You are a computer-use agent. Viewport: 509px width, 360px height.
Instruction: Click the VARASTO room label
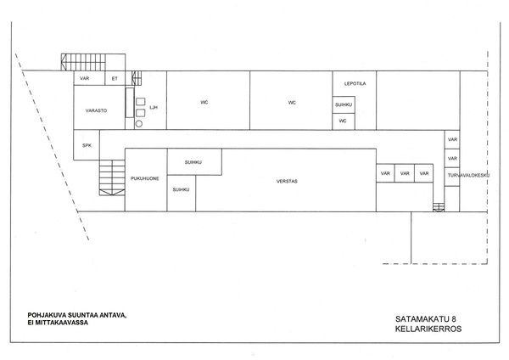pos(96,110)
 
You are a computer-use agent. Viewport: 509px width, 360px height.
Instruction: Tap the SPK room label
pos(87,145)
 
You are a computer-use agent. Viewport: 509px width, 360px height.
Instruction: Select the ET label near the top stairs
pos(115,78)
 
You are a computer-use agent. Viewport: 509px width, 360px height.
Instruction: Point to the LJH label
pos(154,107)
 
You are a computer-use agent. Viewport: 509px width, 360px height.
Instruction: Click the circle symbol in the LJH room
pos(139,124)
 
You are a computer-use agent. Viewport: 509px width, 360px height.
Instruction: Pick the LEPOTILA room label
pos(355,83)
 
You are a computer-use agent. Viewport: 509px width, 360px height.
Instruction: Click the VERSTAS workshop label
pos(287,181)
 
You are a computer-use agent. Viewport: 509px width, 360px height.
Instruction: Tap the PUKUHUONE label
pos(145,178)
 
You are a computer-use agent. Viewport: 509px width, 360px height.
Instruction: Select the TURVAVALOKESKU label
pos(468,175)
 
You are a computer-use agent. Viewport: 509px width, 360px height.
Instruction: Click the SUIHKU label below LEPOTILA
pos(344,105)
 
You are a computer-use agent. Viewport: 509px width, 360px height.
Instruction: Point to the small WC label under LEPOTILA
pos(343,121)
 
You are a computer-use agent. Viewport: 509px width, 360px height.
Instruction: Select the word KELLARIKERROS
pos(428,329)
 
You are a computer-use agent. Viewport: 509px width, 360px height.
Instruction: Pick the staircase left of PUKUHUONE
pos(112,177)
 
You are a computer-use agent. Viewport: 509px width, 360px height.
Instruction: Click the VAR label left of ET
pos(84,78)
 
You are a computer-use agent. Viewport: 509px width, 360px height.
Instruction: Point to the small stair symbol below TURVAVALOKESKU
pos(439,207)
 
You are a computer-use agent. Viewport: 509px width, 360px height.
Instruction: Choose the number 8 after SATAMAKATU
pos(454,319)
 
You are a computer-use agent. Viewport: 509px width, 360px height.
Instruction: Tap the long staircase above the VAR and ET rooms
pos(83,62)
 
